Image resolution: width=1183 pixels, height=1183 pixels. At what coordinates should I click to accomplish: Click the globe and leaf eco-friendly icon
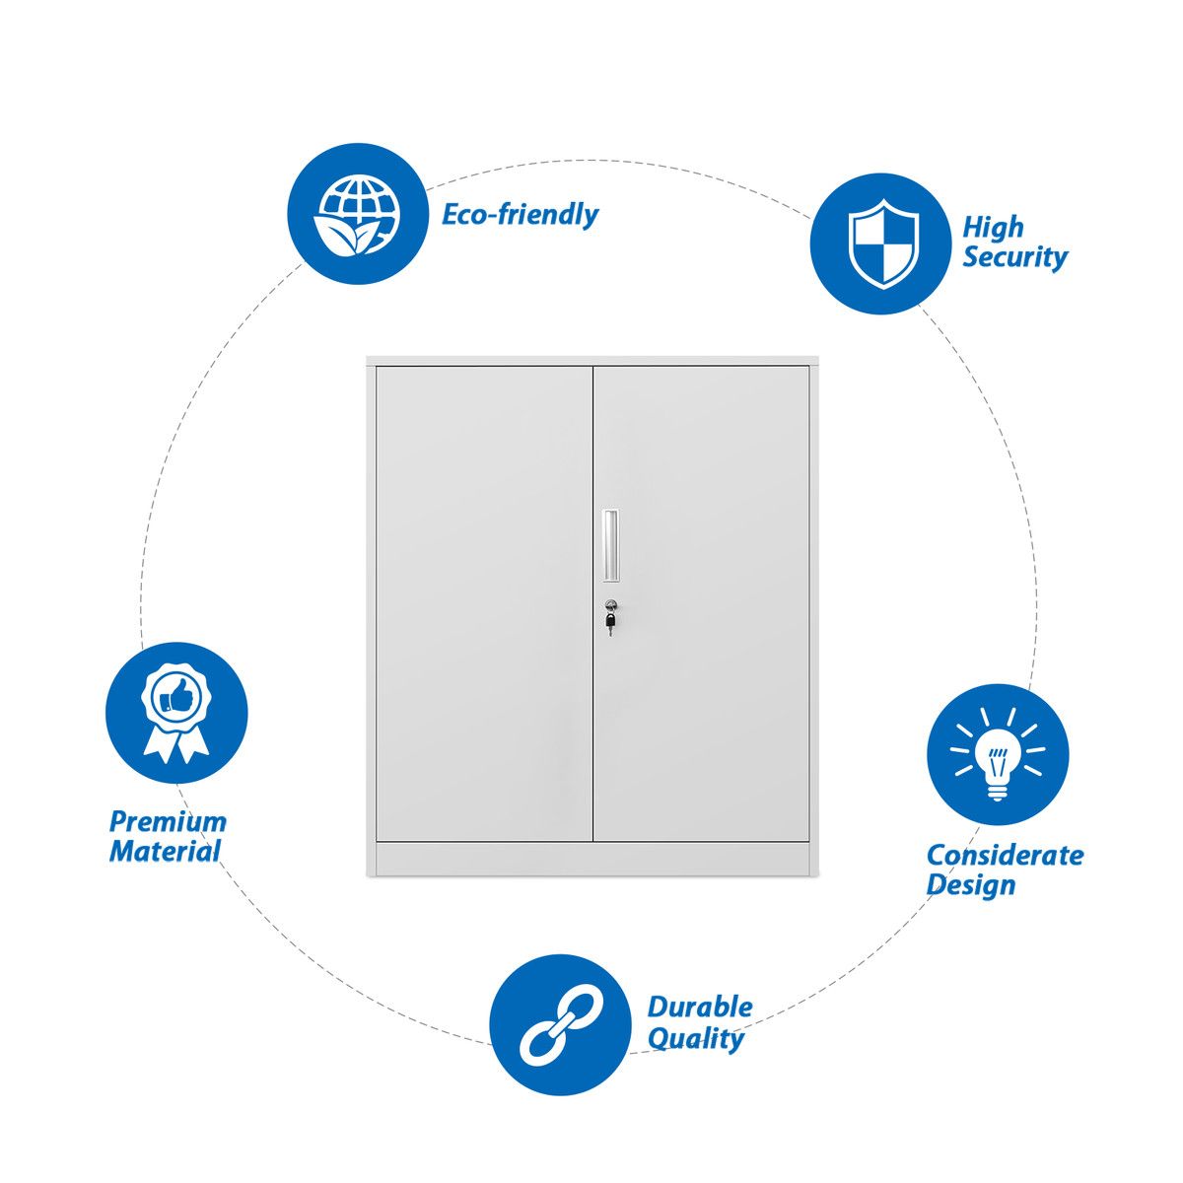357,214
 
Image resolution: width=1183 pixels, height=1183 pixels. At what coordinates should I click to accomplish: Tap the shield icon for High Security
882,244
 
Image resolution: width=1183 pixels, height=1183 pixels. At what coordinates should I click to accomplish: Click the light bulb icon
998,754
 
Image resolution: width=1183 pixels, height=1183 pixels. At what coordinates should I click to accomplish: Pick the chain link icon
559,1024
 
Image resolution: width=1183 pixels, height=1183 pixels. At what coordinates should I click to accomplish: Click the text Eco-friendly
520,215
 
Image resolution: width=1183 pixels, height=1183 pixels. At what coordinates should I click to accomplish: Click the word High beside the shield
993,227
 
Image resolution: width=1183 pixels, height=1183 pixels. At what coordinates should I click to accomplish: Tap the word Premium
168,822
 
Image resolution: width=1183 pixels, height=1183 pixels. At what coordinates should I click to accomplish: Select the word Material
165,852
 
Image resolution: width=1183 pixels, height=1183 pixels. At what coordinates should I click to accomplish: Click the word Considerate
1005,855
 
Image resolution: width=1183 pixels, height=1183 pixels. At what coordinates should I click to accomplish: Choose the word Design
971,886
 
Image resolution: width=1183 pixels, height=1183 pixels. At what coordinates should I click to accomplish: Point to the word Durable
700,1008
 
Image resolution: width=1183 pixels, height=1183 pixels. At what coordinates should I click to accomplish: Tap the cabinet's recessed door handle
609,545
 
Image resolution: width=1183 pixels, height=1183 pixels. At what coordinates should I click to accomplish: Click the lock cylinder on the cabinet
609,605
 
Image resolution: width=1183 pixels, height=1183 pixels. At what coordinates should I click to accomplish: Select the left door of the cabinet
484,603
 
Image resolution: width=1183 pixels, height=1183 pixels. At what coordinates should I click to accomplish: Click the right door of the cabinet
701,603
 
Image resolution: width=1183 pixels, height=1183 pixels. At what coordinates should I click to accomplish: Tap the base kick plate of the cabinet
592,859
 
